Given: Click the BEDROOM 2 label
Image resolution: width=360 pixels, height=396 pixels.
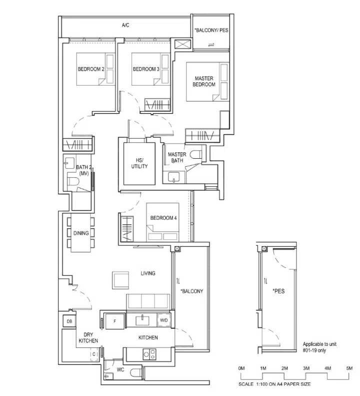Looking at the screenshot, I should [90, 69].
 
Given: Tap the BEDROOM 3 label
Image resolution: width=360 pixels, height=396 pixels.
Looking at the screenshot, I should [145, 69].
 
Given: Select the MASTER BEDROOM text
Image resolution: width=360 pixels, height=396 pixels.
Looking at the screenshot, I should [204, 81].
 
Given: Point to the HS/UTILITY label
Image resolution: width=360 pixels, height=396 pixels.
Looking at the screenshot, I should [139, 163].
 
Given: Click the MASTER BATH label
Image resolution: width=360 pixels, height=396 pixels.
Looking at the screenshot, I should [177, 157].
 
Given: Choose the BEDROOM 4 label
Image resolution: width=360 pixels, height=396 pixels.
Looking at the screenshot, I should [163, 218].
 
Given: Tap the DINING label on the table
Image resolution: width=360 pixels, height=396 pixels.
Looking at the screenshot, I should [81, 233].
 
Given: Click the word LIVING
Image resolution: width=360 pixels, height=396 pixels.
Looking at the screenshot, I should [148, 273].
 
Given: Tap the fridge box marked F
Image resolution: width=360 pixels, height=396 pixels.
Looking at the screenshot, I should [114, 321].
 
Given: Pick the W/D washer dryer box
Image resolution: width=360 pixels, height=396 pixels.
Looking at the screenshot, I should [164, 320].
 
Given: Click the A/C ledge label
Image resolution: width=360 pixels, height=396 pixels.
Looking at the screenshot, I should [125, 25].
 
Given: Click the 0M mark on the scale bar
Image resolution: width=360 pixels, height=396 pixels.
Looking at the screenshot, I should [241, 368].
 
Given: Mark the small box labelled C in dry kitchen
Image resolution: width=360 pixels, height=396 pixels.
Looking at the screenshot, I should [93, 354].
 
